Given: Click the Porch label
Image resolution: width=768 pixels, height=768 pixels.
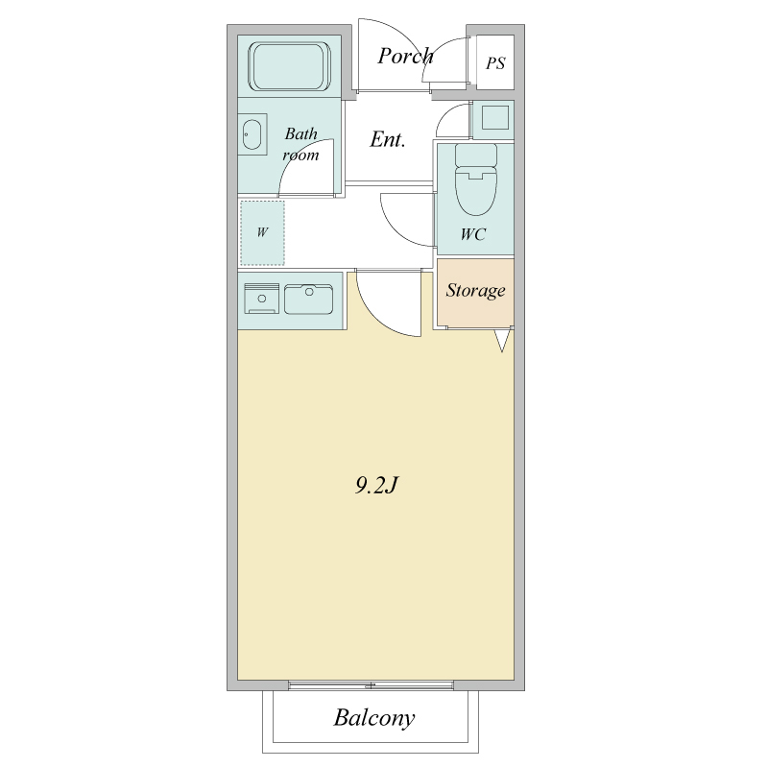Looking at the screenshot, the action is click(x=405, y=57).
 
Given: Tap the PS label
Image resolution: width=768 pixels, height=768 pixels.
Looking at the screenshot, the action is click(x=495, y=63).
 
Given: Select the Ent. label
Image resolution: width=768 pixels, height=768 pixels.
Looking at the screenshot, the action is click(x=388, y=139).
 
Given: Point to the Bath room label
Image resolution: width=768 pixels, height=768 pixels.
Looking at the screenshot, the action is click(x=300, y=144).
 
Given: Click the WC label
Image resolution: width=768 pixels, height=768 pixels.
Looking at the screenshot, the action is click(x=472, y=234).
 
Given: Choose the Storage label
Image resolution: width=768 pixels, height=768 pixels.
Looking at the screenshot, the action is click(x=475, y=290).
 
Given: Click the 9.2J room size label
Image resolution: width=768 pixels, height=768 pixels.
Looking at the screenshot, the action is click(x=375, y=485).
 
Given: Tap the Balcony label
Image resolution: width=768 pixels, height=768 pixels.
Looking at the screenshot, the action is click(x=374, y=718).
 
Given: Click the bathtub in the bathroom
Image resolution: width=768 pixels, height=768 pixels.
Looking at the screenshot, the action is click(x=289, y=66).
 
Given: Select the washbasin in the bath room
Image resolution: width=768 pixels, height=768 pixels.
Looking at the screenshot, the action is click(x=252, y=134).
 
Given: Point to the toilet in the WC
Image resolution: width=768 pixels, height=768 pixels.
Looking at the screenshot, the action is click(x=475, y=180).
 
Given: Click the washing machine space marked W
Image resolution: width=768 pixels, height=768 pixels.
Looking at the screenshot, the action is click(x=262, y=232).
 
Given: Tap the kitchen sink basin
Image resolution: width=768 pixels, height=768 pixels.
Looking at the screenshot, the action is click(x=308, y=299).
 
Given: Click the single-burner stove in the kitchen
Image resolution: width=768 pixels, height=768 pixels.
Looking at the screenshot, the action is click(x=261, y=298).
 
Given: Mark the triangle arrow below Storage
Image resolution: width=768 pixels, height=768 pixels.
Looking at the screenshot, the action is click(x=502, y=341).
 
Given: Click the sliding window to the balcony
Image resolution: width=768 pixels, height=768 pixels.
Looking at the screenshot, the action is click(x=371, y=685).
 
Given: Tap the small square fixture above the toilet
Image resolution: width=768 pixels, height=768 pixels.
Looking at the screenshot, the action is click(x=494, y=118).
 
